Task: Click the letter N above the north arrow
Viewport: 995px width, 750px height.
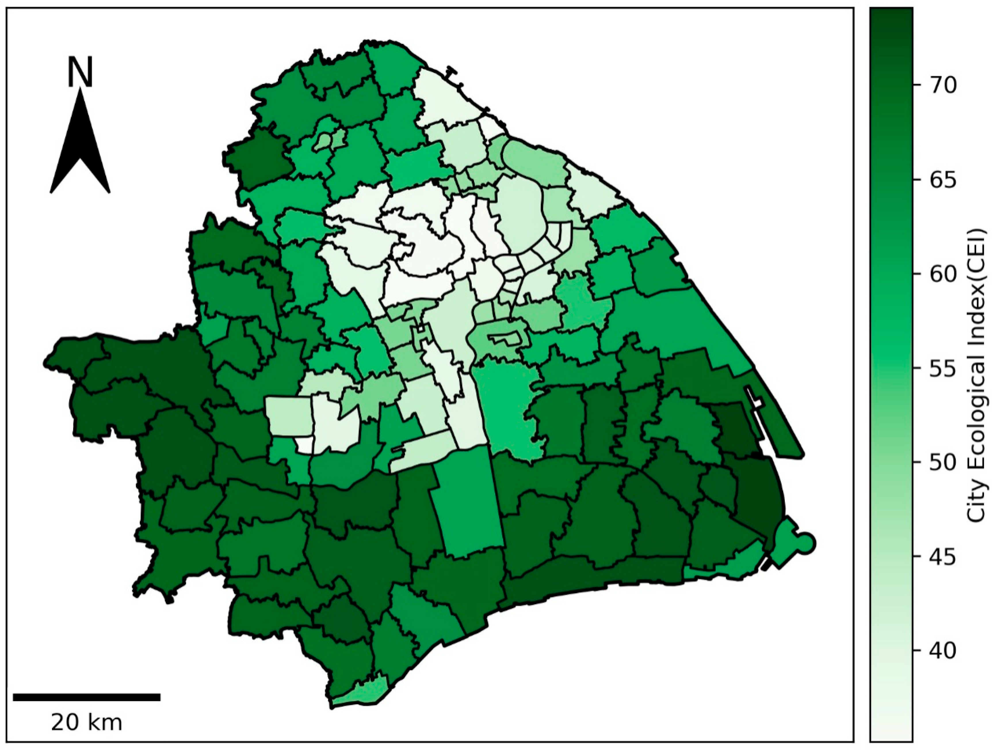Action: click(80, 72)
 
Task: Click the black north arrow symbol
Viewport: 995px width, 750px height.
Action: click(80, 148)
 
